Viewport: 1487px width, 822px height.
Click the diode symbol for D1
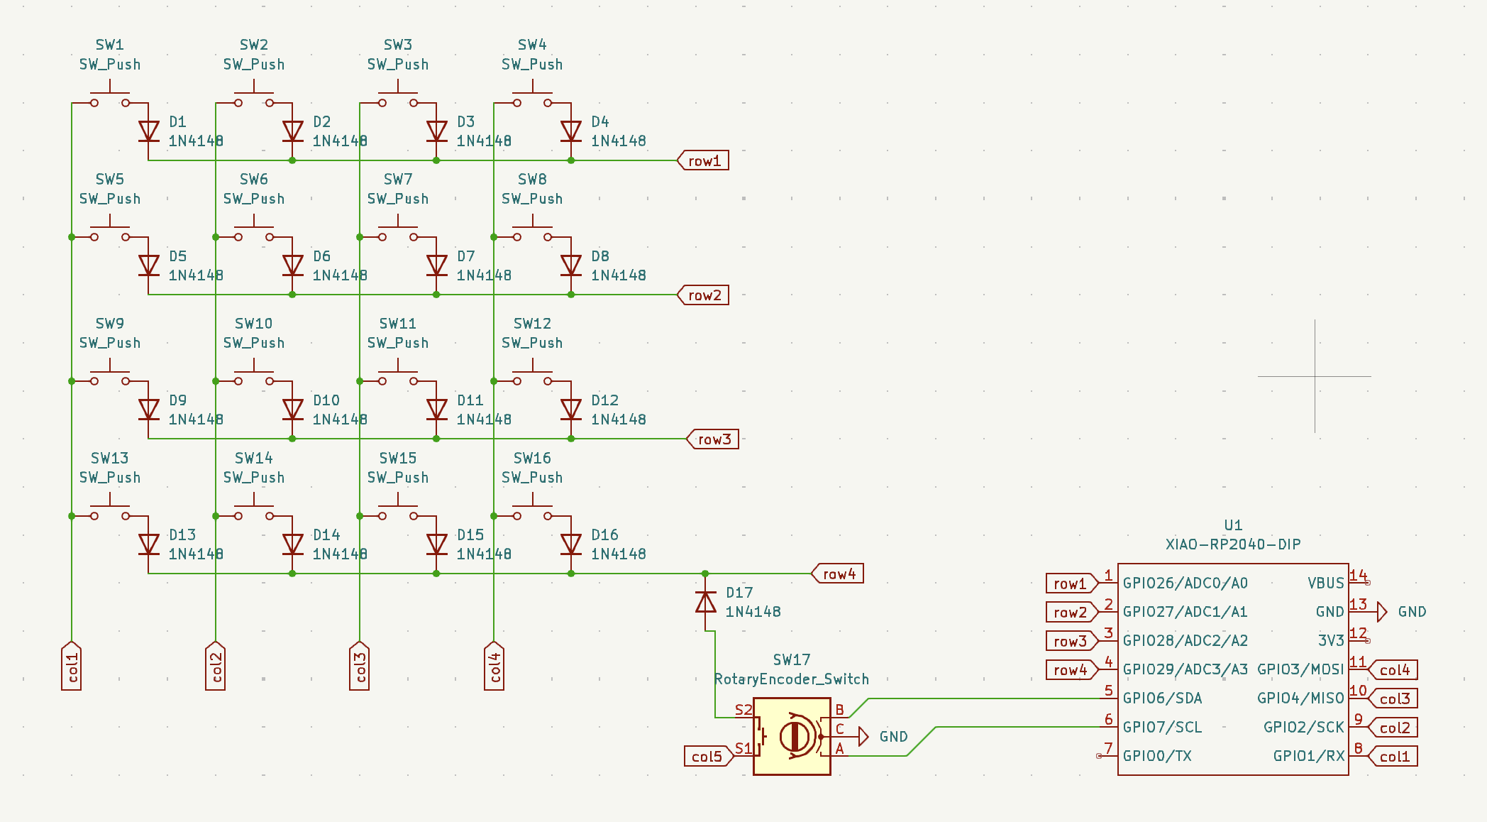[x=148, y=131]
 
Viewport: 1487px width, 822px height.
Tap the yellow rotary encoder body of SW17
[x=792, y=736]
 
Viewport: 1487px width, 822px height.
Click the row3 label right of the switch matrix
[x=713, y=439]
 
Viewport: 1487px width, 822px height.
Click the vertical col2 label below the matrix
[x=216, y=666]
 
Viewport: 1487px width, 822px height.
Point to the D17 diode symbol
[x=705, y=603]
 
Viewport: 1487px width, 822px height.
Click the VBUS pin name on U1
[x=1326, y=583]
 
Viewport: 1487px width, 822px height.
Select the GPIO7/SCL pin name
[x=1162, y=728]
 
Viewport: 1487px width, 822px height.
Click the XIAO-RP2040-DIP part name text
[x=1233, y=544]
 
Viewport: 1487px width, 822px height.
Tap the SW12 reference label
[x=532, y=324]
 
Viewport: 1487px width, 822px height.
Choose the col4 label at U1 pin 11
[x=1393, y=670]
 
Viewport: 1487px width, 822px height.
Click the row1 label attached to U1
[x=1071, y=583]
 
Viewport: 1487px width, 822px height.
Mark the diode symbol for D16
[x=571, y=544]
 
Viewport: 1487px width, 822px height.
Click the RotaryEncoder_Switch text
[x=792, y=679]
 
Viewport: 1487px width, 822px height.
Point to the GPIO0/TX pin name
[x=1157, y=756]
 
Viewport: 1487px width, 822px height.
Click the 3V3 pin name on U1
[x=1331, y=641]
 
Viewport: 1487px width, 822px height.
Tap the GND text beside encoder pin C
[x=893, y=737]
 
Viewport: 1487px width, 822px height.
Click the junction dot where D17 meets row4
[x=705, y=574]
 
